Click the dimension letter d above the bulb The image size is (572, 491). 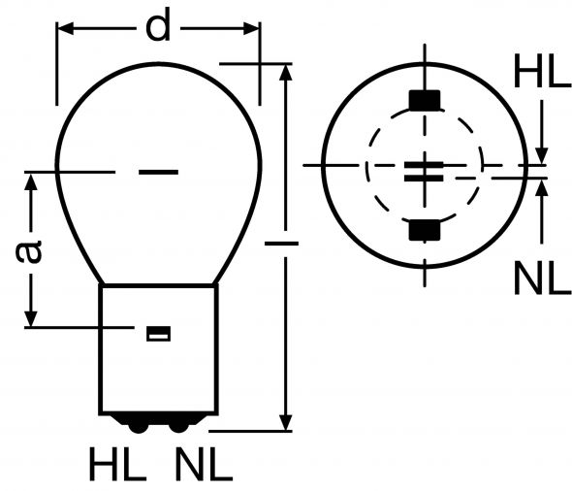click(157, 28)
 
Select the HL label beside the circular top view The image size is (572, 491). click(542, 74)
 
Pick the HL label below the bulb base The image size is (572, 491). click(117, 467)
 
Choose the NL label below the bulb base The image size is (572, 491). click(204, 467)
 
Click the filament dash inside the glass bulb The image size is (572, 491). click(158, 173)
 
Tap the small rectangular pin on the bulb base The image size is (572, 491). click(157, 334)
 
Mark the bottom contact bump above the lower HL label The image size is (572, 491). click(139, 424)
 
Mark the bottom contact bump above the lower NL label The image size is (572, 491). click(177, 424)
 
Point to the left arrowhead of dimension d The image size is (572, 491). click(66, 29)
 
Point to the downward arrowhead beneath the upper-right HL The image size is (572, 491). click(542, 154)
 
